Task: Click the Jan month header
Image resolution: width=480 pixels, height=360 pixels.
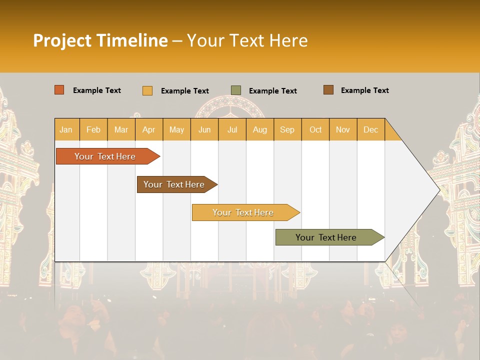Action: click(x=66, y=129)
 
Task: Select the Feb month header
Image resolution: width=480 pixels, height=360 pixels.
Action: click(x=93, y=129)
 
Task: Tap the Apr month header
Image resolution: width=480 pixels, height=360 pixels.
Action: click(x=148, y=129)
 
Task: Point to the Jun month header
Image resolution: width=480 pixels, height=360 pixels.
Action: click(x=204, y=129)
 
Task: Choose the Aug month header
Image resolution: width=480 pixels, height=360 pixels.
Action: click(x=259, y=129)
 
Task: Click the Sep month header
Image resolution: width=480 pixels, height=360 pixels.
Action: click(x=287, y=129)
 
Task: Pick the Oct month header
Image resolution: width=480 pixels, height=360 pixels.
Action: click(x=315, y=129)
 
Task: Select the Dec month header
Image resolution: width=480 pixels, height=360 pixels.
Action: click(x=370, y=129)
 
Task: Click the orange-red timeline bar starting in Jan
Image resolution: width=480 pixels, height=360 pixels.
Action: click(x=105, y=156)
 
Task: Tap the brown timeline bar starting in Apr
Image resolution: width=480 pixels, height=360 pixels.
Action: click(x=174, y=184)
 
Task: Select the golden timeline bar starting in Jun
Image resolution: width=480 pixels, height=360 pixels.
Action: click(x=243, y=212)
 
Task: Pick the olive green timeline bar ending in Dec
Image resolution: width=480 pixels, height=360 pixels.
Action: click(x=326, y=237)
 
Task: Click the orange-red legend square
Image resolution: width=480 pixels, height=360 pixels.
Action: click(x=59, y=90)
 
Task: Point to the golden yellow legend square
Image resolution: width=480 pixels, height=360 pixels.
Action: click(x=147, y=90)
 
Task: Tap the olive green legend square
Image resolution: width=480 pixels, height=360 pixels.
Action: click(x=236, y=90)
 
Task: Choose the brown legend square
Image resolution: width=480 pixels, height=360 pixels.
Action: click(x=328, y=90)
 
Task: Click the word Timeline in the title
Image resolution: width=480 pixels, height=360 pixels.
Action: click(x=131, y=40)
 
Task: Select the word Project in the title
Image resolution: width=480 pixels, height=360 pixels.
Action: click(x=62, y=40)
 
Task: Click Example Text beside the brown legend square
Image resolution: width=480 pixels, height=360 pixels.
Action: click(x=364, y=90)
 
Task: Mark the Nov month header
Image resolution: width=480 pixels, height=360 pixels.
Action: click(x=342, y=129)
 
